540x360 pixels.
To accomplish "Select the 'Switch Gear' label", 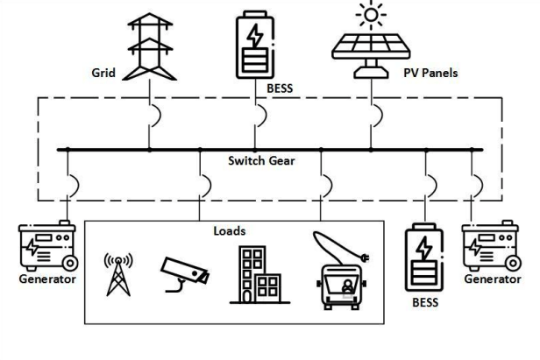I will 264,161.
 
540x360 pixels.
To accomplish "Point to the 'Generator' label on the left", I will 46,279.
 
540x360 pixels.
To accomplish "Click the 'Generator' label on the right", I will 494,279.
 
